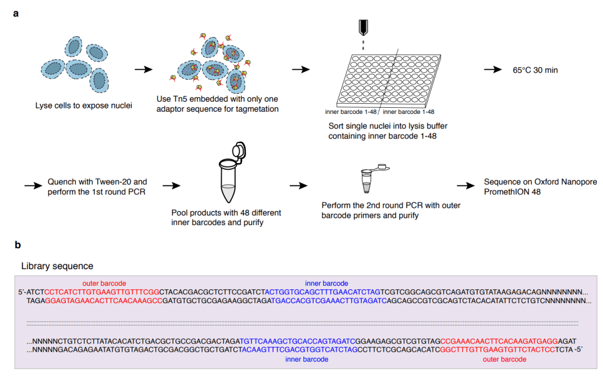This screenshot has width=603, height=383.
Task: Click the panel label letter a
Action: point(16,13)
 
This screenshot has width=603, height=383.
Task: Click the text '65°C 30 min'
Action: point(535,70)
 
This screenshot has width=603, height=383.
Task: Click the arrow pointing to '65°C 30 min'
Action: point(492,70)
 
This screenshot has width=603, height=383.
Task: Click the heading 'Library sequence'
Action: point(57,266)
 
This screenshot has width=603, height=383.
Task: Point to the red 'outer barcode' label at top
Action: point(104,283)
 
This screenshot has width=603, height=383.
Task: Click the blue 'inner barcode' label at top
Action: point(326,283)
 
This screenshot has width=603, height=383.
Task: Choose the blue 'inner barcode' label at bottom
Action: point(307,360)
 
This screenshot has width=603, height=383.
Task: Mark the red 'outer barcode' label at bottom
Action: point(504,360)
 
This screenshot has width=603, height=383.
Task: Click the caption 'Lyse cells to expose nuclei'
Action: point(84,105)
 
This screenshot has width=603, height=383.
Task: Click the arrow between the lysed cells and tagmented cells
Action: point(144,70)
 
